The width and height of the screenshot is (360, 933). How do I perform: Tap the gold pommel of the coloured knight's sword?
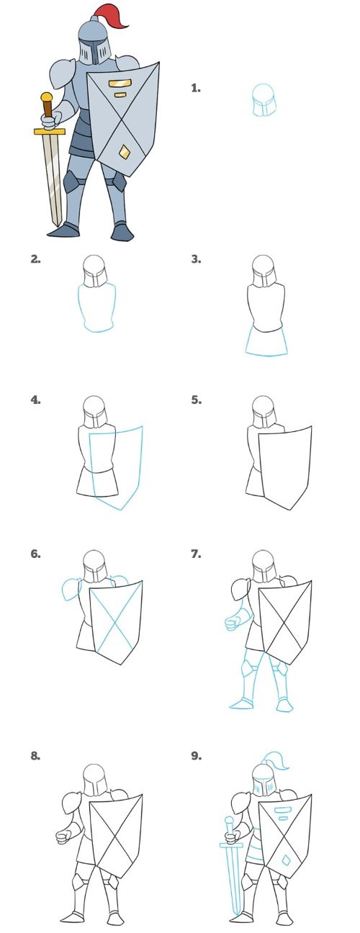tap(47, 96)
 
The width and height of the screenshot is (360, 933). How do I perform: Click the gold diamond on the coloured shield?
tap(124, 151)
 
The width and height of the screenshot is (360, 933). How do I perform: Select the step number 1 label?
tap(195, 88)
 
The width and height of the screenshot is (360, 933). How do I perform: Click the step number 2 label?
tap(35, 259)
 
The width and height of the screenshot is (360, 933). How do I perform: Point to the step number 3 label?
tap(196, 259)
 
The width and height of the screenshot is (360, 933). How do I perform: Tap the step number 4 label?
tap(35, 400)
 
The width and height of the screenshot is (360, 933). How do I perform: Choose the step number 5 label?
tap(196, 400)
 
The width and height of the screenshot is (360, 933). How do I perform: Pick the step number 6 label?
tap(35, 554)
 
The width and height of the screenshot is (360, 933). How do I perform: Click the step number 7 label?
tap(196, 554)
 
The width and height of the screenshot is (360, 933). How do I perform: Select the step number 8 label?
tap(35, 756)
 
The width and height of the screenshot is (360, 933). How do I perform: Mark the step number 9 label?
tap(196, 756)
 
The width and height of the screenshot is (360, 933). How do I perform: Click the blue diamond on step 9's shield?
tap(286, 860)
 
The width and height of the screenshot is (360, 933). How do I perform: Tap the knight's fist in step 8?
tap(63, 837)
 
